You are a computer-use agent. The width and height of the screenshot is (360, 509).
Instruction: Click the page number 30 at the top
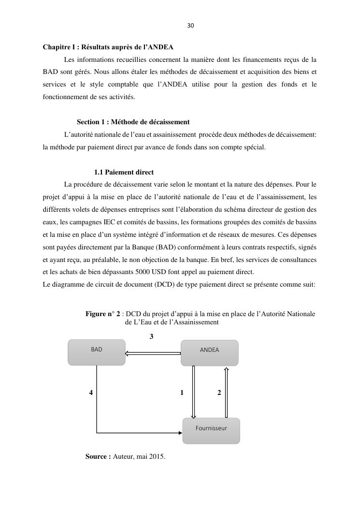[190, 26]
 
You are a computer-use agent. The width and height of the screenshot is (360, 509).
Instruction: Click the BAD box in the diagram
[97, 352]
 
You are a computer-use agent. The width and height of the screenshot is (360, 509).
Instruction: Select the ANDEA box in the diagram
[209, 352]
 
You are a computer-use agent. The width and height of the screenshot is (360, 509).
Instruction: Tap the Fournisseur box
[211, 430]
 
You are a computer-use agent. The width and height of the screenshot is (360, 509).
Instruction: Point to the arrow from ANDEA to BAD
[153, 353]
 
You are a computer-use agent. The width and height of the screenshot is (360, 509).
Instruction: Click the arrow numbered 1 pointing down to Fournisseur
[193, 392]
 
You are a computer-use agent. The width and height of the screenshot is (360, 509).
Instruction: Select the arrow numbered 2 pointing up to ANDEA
[226, 392]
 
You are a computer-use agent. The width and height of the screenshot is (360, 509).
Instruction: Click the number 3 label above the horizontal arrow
[152, 336]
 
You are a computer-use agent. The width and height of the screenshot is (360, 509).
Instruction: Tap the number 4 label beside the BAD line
[91, 393]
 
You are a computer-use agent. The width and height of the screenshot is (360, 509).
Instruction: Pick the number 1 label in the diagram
[182, 393]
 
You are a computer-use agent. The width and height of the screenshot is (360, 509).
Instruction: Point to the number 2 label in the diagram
[219, 393]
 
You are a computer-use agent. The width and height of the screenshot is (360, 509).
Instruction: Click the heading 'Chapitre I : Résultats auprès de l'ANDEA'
[108, 47]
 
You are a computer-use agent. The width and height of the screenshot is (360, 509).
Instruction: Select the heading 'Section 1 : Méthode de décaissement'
[133, 122]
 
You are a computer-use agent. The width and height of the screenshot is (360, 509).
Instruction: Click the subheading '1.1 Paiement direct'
[124, 173]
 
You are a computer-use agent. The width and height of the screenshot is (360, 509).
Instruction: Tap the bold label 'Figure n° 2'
[103, 314]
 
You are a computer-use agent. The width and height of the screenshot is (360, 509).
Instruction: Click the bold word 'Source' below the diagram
[98, 456]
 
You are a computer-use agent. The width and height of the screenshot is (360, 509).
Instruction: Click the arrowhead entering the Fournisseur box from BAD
[180, 433]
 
